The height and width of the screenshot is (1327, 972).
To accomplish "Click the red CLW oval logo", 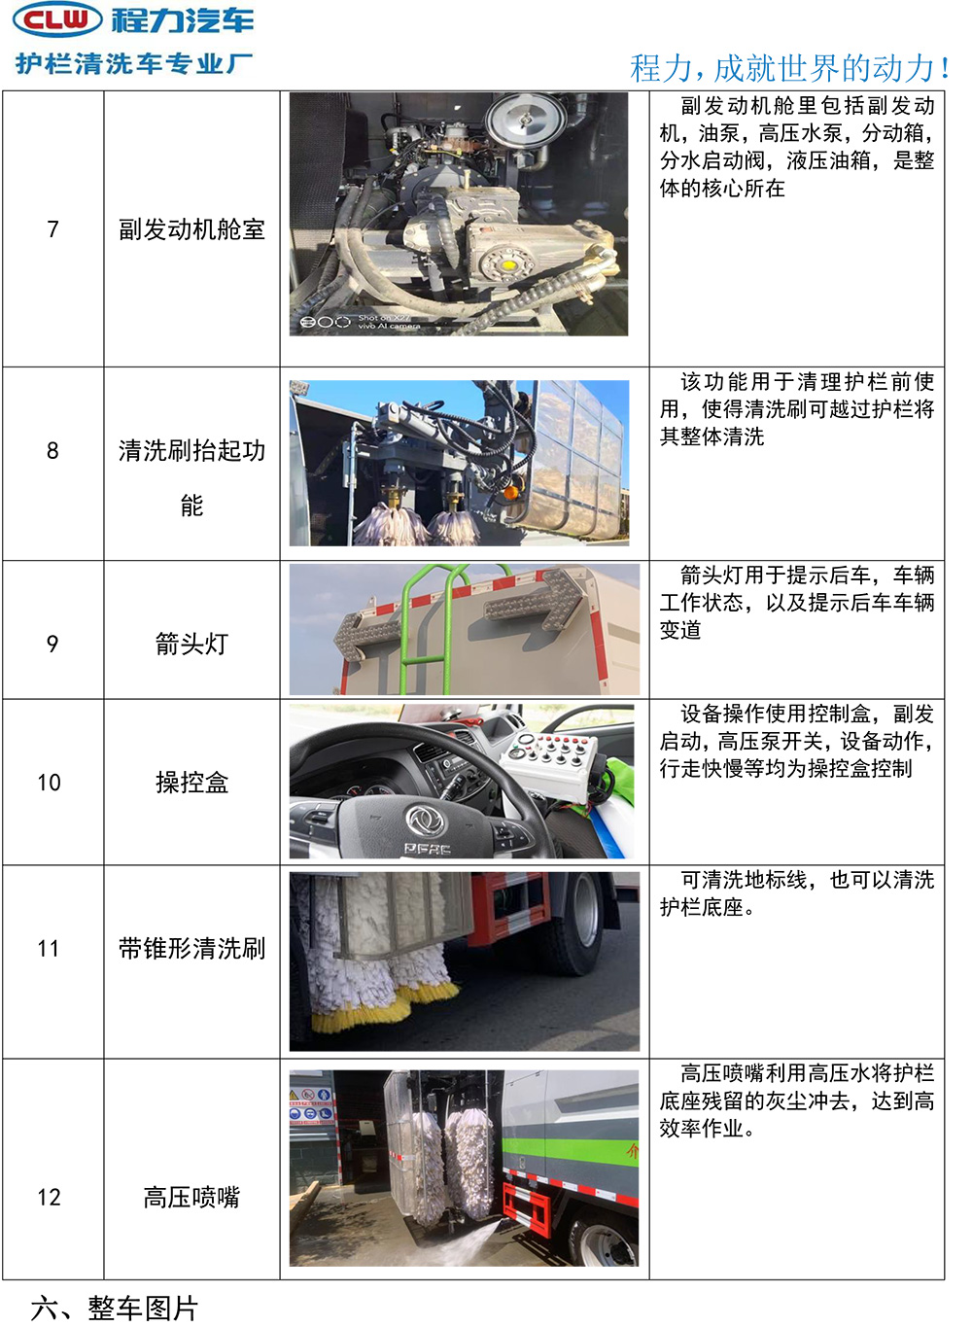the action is click(x=58, y=19).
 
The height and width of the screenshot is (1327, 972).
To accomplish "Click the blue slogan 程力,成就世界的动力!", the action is click(x=789, y=68).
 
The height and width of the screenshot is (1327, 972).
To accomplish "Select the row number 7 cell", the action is click(x=52, y=228).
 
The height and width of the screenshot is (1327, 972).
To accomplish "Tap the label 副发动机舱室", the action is click(x=191, y=229).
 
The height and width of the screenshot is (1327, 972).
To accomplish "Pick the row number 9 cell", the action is click(x=52, y=644).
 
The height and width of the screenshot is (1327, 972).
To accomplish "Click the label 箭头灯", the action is click(x=191, y=644).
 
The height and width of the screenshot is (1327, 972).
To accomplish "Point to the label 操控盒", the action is click(x=191, y=783).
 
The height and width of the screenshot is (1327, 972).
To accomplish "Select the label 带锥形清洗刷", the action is click(x=191, y=949).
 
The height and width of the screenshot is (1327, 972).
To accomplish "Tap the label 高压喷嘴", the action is click(x=191, y=1198).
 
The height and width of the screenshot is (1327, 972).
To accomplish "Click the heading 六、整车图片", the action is click(x=114, y=1309).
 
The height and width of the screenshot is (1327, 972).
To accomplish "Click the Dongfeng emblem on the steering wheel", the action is click(x=426, y=821).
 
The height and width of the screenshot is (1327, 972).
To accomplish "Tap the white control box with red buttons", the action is click(x=548, y=764).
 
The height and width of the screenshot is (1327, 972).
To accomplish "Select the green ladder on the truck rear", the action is click(x=432, y=629).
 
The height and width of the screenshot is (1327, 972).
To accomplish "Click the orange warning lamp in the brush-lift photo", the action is click(x=510, y=491).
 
